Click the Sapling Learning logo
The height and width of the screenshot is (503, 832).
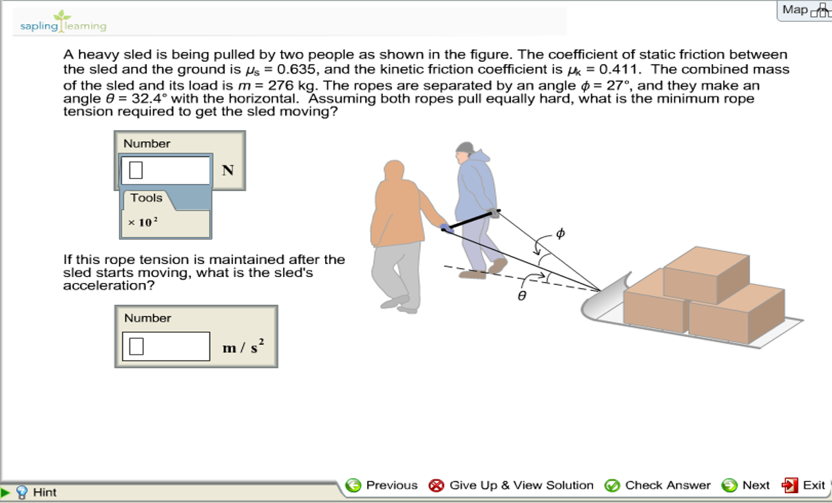tap(63, 22)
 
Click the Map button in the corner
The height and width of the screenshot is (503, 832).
tap(803, 10)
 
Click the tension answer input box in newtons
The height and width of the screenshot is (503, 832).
tap(165, 170)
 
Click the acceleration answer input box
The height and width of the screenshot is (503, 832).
tap(166, 346)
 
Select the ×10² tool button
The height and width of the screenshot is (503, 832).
tap(142, 223)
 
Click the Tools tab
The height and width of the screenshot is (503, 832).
tap(146, 198)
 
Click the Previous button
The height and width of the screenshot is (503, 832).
tap(382, 485)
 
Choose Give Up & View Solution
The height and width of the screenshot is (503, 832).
tap(511, 485)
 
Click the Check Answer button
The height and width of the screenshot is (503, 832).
tap(657, 485)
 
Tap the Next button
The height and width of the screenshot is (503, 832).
tap(746, 485)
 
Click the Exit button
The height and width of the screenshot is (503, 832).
tap(803, 485)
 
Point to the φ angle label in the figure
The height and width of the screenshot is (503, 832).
tap(559, 233)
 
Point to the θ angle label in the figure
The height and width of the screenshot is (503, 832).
tap(521, 296)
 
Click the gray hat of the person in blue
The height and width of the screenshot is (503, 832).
tap(465, 147)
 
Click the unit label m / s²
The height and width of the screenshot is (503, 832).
tap(243, 347)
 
